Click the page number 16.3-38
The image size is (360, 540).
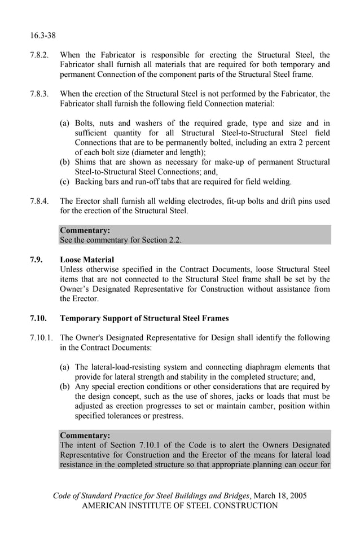43,36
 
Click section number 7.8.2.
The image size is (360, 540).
39,55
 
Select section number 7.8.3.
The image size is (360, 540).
39,94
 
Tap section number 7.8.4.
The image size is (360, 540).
39,201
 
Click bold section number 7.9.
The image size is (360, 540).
37,260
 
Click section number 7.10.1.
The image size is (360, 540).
42,337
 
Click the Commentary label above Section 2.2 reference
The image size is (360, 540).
85,230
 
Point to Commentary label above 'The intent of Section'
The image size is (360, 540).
85,435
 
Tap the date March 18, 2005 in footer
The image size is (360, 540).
280,495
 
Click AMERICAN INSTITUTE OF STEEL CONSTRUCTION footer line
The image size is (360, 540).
179,506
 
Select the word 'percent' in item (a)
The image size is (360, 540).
317,142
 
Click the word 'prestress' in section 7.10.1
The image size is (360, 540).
164,416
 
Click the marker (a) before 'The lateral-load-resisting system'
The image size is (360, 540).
65,367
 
